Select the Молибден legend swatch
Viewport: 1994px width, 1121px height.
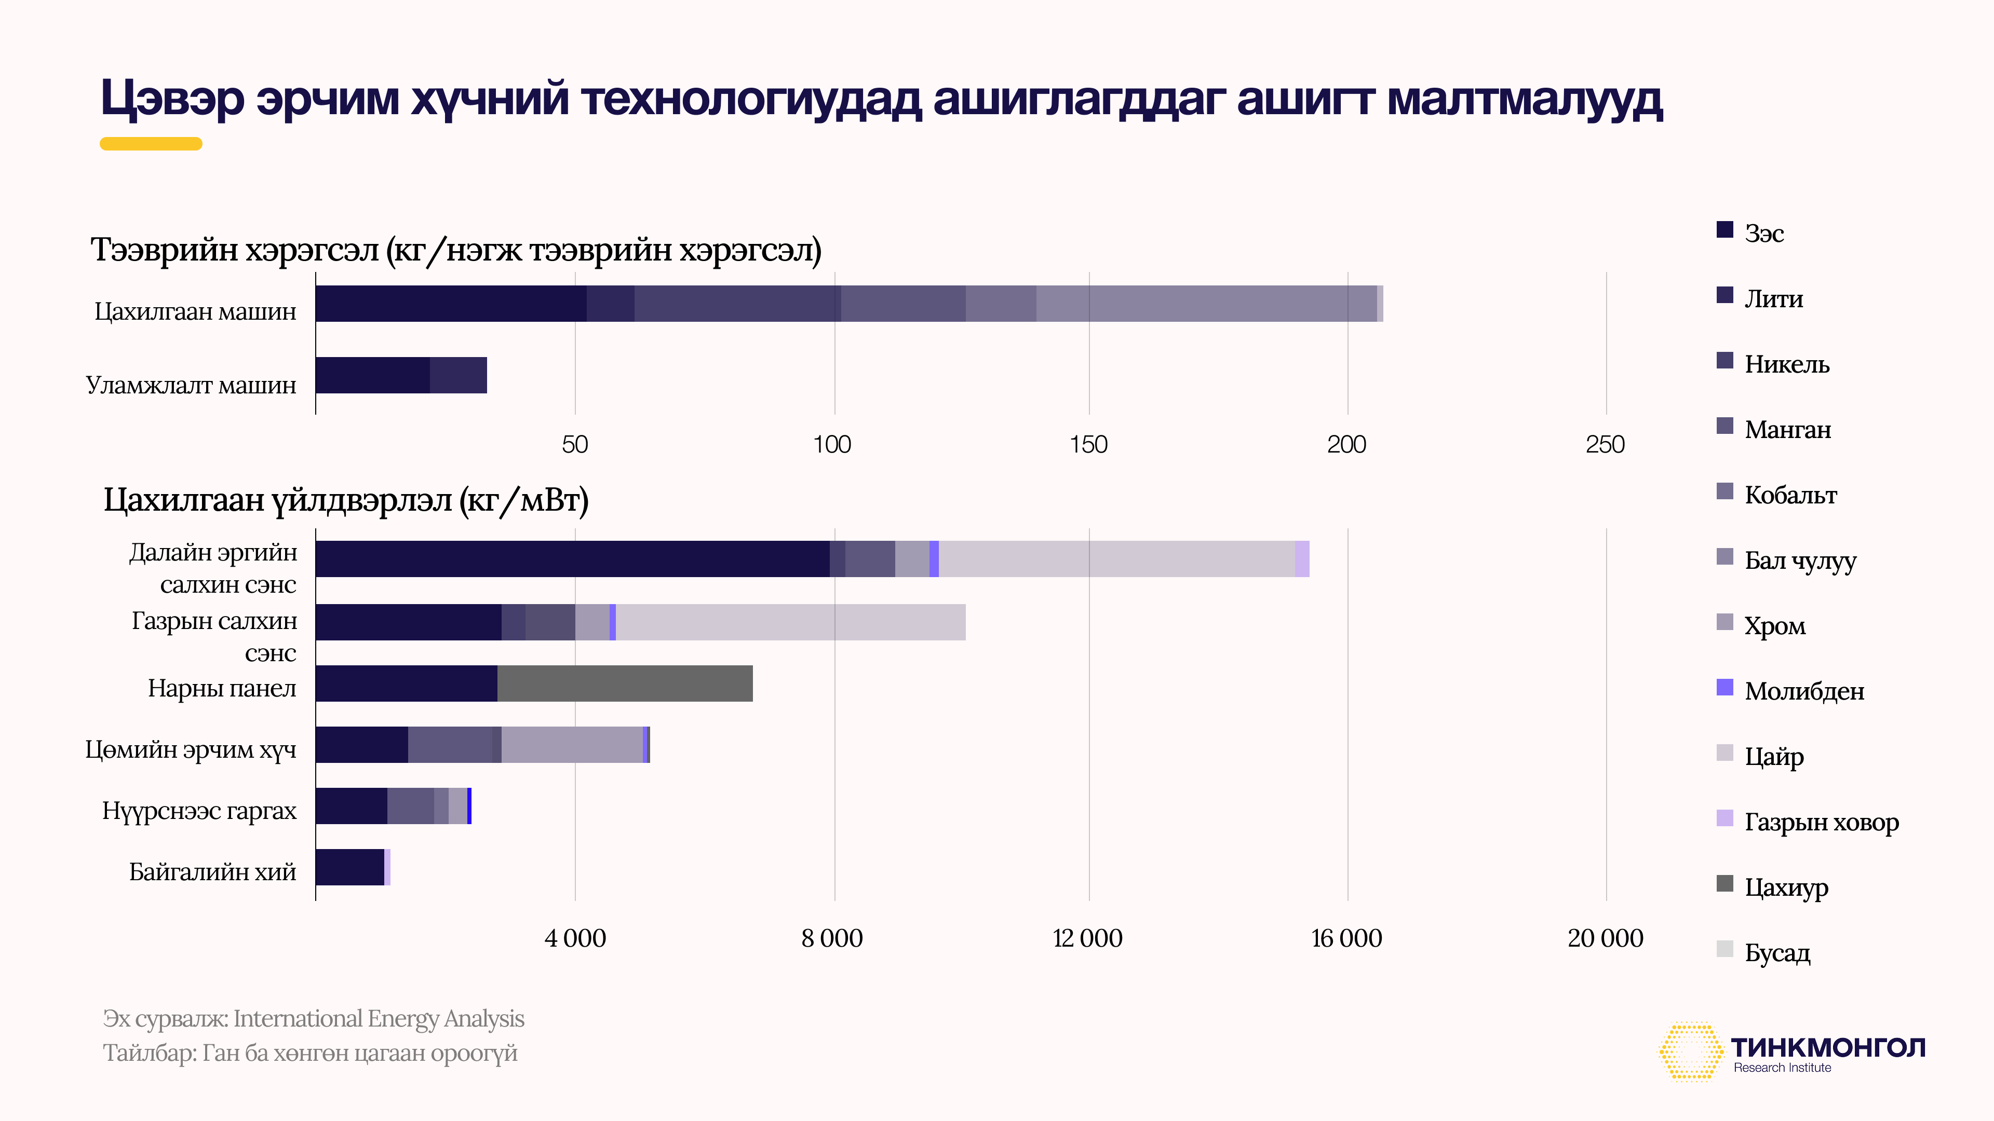tap(1724, 687)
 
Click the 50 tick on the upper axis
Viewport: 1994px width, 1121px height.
tap(574, 445)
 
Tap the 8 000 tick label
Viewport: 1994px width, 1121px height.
tap(832, 938)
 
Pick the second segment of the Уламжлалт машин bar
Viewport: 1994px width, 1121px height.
tap(458, 375)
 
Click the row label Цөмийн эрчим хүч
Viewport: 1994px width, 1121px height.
tap(191, 749)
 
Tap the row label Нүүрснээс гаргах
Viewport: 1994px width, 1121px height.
tap(199, 811)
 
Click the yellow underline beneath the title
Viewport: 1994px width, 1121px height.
tap(151, 144)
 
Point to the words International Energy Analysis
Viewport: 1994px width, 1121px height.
tap(379, 1019)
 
